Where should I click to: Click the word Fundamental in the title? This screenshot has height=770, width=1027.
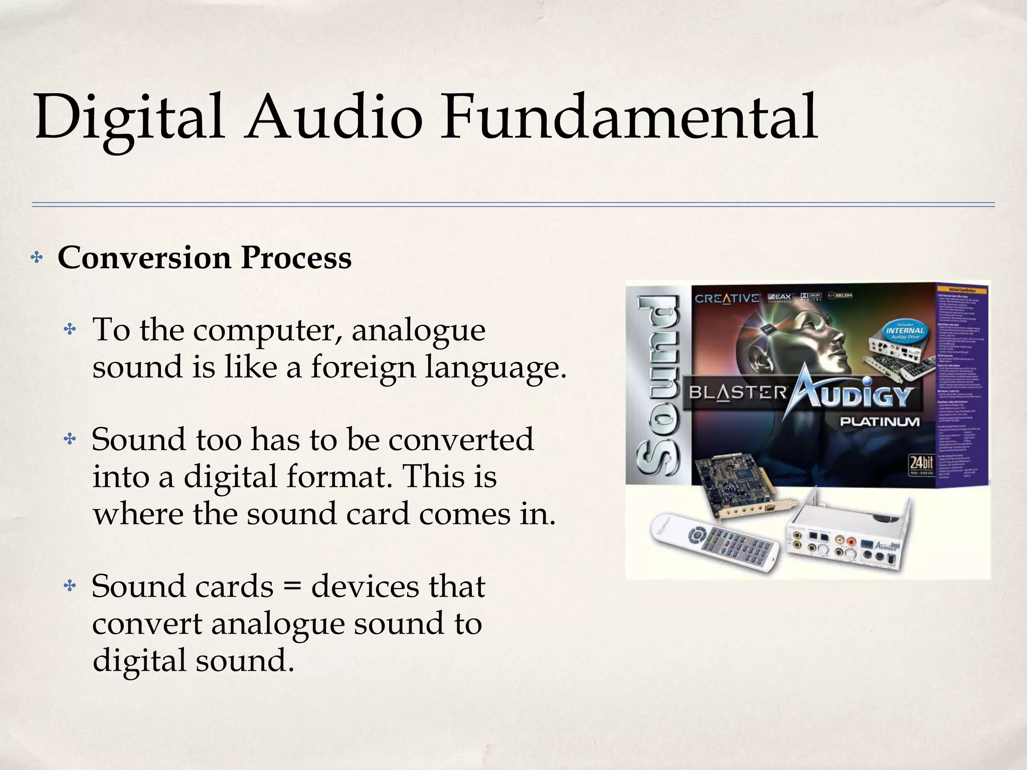click(629, 118)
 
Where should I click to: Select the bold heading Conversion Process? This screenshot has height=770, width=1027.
click(205, 258)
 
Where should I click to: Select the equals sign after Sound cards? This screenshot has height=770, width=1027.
click(293, 587)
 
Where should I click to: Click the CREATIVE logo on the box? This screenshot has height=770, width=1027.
click(727, 298)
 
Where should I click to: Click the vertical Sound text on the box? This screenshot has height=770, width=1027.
click(658, 386)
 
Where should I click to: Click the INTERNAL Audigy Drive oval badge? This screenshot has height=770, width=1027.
click(905, 331)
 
